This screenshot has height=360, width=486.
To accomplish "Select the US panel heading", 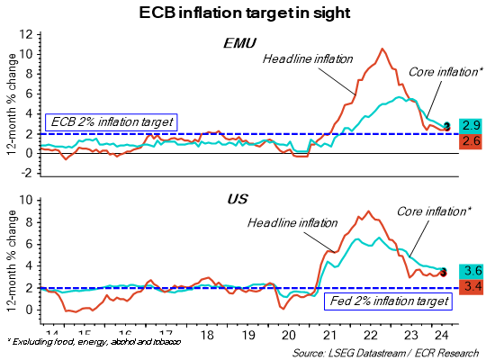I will (237, 198).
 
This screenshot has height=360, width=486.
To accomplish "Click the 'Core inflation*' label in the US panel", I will (433, 213).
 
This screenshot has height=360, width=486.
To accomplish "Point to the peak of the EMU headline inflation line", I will (382, 49).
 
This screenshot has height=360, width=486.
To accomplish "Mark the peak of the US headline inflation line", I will (367, 211).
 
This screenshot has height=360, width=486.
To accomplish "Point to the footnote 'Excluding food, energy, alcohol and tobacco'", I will (94, 343).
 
